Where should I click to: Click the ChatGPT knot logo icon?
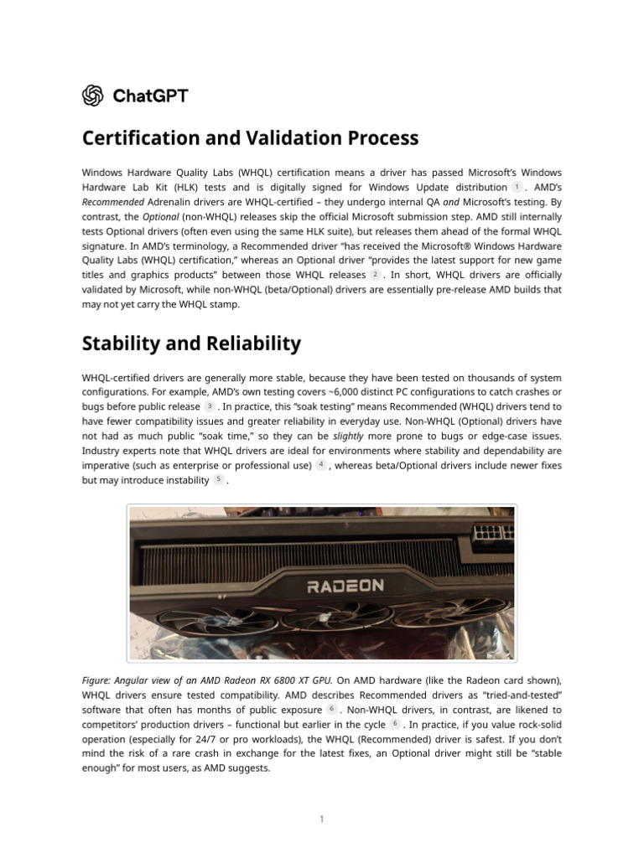92,96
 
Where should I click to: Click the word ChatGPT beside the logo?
150,96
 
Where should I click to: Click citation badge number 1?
517,187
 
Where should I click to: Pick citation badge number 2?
375,274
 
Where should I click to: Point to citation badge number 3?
210,406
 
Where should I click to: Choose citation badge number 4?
320,464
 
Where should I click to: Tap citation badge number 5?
218,479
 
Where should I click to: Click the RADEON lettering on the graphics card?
345,586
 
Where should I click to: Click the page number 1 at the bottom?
321,819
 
